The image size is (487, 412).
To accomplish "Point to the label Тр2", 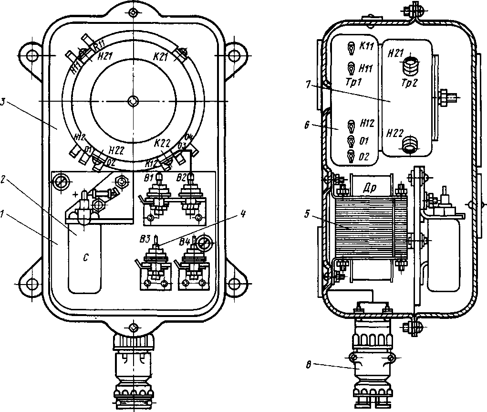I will (409, 83).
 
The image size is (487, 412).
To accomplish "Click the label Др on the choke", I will (371, 188).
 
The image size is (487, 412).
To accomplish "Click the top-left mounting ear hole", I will (31, 55).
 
